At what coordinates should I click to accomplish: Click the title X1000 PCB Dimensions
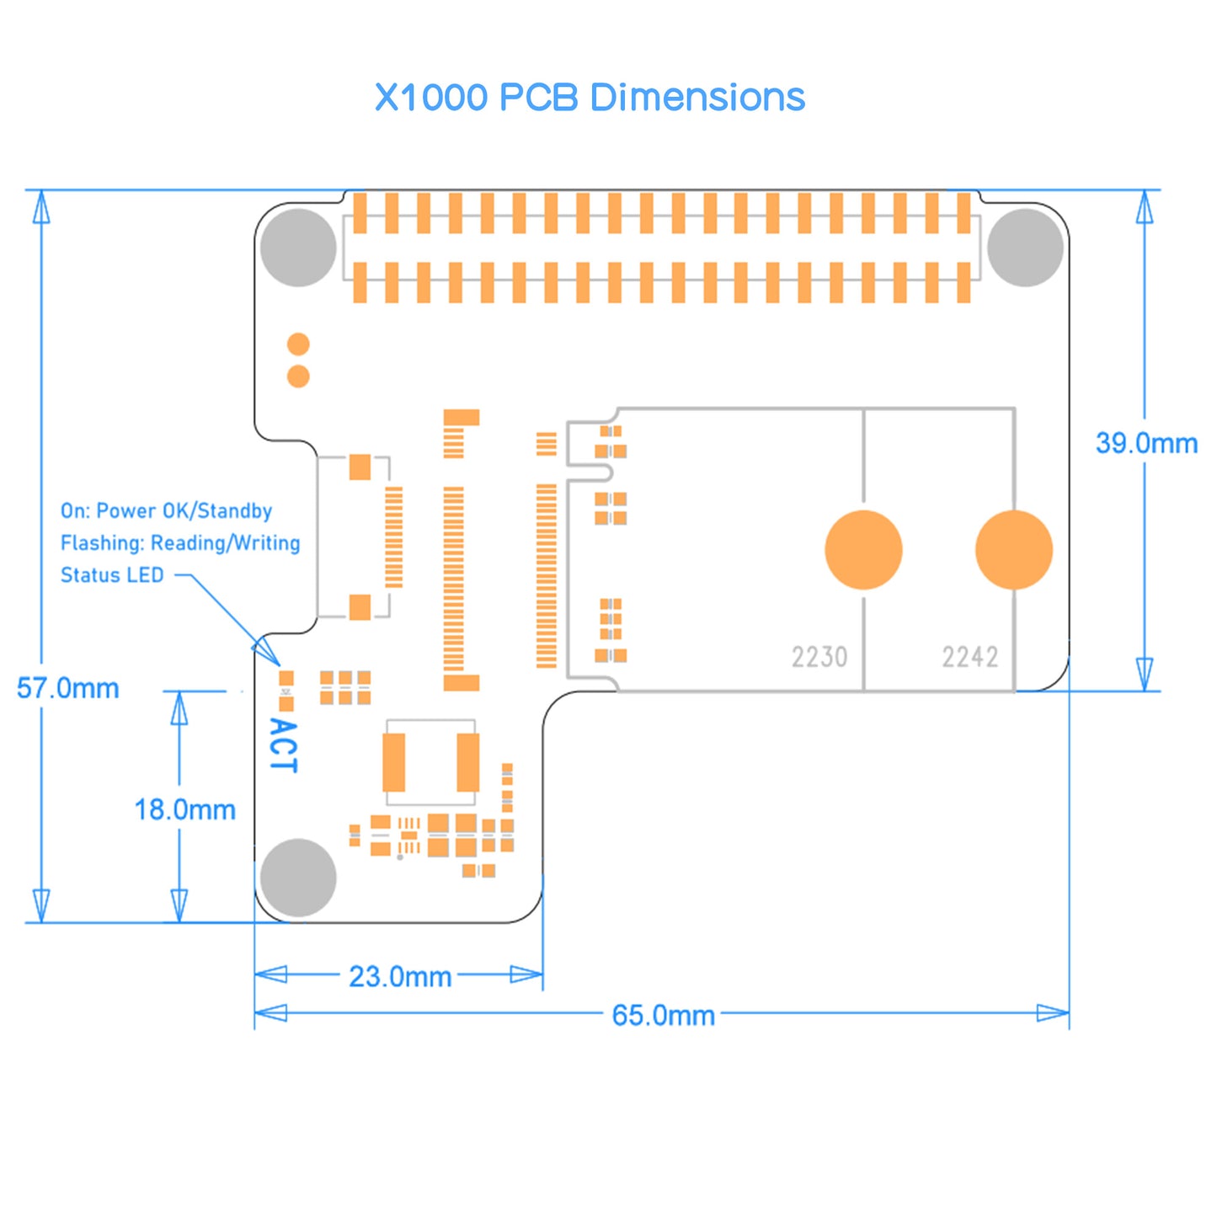(590, 98)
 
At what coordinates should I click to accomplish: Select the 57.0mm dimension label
(68, 688)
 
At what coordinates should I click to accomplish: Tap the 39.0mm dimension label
(1146, 443)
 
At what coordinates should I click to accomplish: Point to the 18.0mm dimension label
(185, 810)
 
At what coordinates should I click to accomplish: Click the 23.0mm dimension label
(400, 977)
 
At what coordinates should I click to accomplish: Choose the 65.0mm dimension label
(663, 1016)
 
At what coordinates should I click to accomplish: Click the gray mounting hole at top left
(298, 248)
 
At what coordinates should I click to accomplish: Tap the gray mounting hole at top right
(1025, 248)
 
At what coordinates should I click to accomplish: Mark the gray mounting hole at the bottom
(298, 878)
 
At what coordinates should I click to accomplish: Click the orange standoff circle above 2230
(863, 550)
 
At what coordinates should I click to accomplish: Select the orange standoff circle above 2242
(1014, 550)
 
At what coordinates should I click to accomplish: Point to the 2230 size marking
(819, 657)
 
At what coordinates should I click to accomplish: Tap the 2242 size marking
(970, 657)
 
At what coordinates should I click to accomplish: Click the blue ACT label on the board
(283, 745)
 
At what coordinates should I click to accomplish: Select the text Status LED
(112, 575)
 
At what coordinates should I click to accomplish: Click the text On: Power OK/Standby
(166, 511)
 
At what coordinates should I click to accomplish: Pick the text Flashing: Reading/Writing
(180, 543)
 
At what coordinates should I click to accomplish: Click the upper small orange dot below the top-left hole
(298, 344)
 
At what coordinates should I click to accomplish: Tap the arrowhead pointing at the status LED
(268, 653)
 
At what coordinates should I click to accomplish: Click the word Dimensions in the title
(697, 98)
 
